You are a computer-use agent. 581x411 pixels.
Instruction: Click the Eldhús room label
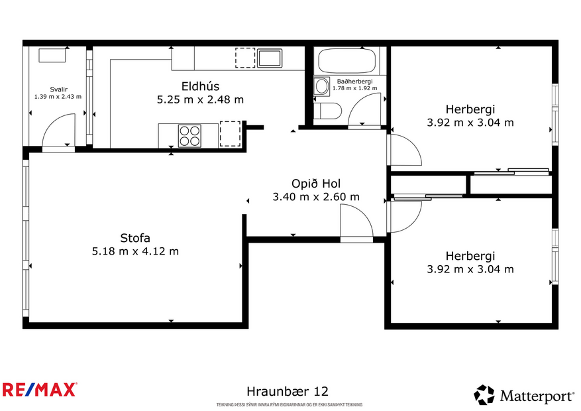pyautogui.click(x=200, y=86)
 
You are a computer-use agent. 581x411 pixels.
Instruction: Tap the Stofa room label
pyautogui.click(x=135, y=238)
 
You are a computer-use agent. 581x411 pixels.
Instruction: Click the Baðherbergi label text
pyautogui.click(x=354, y=81)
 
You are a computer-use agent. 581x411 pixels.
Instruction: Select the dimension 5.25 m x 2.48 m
pyautogui.click(x=200, y=100)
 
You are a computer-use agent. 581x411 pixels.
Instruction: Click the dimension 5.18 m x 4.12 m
pyautogui.click(x=135, y=251)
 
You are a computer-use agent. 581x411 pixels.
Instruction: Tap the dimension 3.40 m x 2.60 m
pyautogui.click(x=316, y=197)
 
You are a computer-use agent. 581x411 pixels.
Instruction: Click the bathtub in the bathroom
pyautogui.click(x=347, y=62)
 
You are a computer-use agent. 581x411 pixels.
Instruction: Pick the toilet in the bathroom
pyautogui.click(x=327, y=110)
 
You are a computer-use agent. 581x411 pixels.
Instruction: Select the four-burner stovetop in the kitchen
pyautogui.click(x=189, y=135)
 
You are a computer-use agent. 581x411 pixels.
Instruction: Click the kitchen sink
pyautogui.click(x=270, y=58)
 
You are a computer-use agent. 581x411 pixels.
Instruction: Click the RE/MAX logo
pyautogui.click(x=40, y=389)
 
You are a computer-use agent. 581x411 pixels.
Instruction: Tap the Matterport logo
pyautogui.click(x=523, y=396)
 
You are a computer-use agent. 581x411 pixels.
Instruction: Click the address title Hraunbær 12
pyautogui.click(x=288, y=392)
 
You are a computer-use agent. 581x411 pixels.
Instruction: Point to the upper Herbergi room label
pyautogui.click(x=470, y=109)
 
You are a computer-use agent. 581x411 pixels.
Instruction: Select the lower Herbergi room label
pyautogui.click(x=470, y=256)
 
